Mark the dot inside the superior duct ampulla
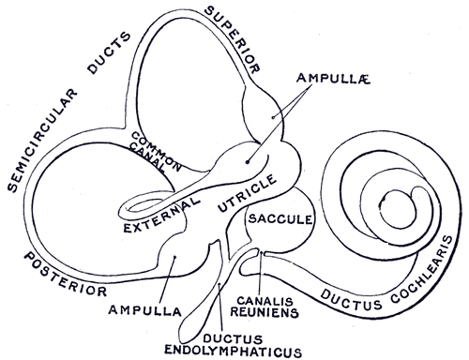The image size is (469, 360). click(274, 113)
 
